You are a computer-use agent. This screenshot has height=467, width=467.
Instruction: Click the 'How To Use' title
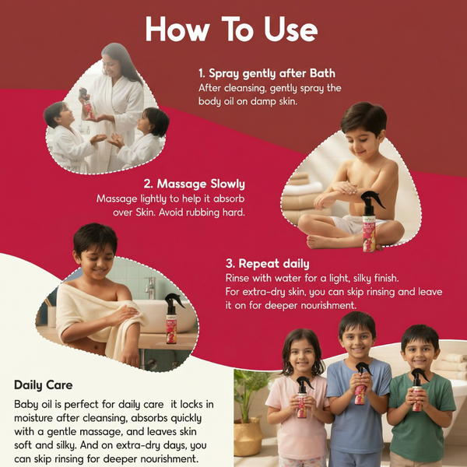pyautogui.click(x=231, y=30)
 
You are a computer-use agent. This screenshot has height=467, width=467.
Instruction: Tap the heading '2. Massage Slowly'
pyautogui.click(x=194, y=184)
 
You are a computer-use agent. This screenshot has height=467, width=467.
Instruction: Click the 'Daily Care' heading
pyautogui.click(x=44, y=385)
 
